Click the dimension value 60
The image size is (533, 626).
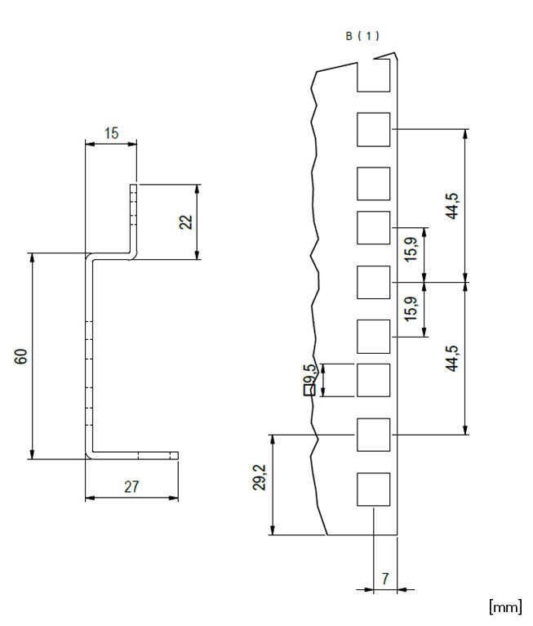[21, 355]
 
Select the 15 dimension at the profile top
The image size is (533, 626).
[112, 133]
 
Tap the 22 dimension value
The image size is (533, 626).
[186, 222]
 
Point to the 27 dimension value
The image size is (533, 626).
[131, 487]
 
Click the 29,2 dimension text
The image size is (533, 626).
[260, 477]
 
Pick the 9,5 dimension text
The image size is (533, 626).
[309, 373]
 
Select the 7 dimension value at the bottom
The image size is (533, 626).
[384, 579]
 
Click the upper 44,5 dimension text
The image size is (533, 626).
[452, 206]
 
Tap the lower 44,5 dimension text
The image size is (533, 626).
[452, 358]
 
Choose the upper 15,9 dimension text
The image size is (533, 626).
[411, 249]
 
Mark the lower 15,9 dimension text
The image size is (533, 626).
[411, 309]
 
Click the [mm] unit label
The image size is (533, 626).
[505, 607]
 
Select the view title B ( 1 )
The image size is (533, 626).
[362, 36]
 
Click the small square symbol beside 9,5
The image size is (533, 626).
[309, 390]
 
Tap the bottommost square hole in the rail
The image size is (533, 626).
[374, 490]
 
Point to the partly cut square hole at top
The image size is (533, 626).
[374, 76]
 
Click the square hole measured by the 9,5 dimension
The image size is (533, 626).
[374, 380]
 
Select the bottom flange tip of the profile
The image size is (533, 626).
[177, 455]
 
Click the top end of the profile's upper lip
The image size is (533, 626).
[134, 186]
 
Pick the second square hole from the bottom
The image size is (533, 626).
[374, 435]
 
